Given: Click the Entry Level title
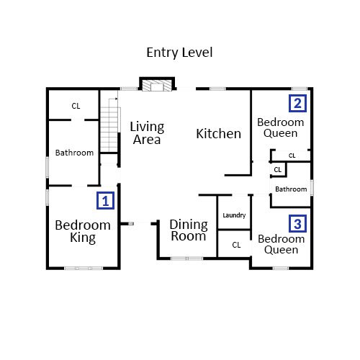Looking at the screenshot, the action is pos(179,53).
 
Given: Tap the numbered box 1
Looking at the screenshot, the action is pos(105,200).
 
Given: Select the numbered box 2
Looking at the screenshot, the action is pos(297,103).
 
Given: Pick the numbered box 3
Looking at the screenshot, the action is pos(297,223).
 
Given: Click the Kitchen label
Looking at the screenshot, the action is pos(219,134).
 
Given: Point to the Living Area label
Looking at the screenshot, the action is pos(147,133).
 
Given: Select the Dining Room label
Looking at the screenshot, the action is pos(189,230).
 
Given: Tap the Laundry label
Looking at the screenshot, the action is pos(234,215).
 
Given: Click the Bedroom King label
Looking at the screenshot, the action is pos(83,231).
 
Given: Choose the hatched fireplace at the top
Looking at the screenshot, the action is pos(157,86).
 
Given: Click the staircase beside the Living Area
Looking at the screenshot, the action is pos(109,125).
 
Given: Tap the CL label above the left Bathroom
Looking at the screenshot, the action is pos(76,106).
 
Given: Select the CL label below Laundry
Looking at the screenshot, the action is pos(236,245).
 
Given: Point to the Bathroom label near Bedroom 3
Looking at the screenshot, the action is pos(291,189).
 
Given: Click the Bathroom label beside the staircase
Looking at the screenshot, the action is pos(74,153).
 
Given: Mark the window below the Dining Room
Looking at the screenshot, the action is pos(186,258).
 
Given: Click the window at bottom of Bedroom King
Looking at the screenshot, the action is pos(84,268).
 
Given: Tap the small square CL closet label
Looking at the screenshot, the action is pos(277,170).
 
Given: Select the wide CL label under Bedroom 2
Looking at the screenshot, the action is pos(292,156).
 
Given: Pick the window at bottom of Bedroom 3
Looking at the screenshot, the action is pos(281,268).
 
